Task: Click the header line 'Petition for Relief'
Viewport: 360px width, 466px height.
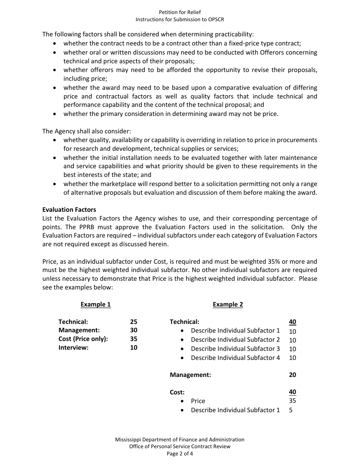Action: pos(180,13)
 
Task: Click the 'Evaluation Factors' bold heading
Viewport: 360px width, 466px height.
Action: pos(69,210)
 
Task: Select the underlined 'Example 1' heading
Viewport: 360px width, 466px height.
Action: pos(95,305)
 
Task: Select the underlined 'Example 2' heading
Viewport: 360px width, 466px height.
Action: pos(228,305)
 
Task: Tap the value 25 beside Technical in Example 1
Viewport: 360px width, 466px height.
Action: pos(133,322)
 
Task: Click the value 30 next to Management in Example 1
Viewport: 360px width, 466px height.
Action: pos(133,330)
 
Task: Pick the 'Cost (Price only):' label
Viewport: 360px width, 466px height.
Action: pos(83,339)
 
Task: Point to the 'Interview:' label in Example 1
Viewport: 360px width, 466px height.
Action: pos(73,348)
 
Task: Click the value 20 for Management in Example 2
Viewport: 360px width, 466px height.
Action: pos(292,375)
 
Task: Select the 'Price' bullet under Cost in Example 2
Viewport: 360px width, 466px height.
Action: pos(198,401)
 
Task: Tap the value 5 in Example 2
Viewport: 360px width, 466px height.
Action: pos(291,410)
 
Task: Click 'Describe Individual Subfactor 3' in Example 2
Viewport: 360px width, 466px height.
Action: pos(235,349)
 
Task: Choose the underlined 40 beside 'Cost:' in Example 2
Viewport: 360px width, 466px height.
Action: pos(292,392)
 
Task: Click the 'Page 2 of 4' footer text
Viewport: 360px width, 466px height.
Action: pos(180,453)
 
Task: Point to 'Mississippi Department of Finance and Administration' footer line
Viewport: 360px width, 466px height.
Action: pos(180,439)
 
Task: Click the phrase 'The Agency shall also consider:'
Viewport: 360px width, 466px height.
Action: pos(86,131)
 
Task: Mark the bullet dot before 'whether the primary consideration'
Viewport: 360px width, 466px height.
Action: pos(56,114)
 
